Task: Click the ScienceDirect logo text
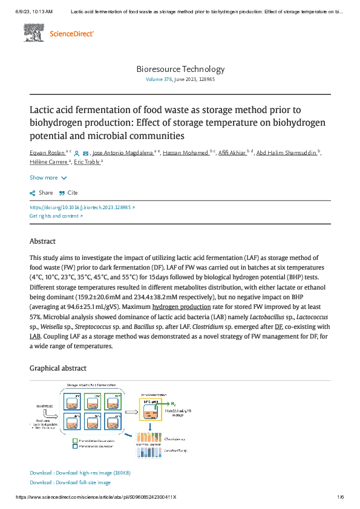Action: pyautogui.click(x=71, y=34)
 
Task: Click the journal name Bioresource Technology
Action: pyautogui.click(x=180, y=69)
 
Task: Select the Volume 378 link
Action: pyautogui.click(x=159, y=79)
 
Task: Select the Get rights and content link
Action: pyautogui.click(x=56, y=216)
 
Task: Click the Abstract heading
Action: pyautogui.click(x=42, y=241)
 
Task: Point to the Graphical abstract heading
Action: pyautogui.click(x=58, y=368)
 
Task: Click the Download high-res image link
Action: pyautogui.click(x=80, y=473)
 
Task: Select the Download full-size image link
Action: pyautogui.click(x=70, y=482)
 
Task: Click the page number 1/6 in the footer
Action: pyautogui.click(x=339, y=497)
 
